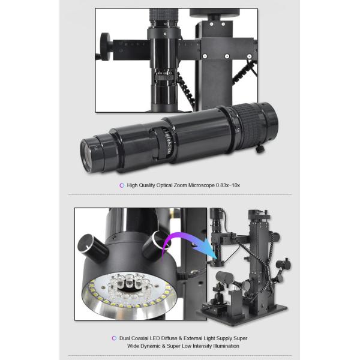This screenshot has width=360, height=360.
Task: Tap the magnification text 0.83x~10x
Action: pyautogui.click(x=228, y=185)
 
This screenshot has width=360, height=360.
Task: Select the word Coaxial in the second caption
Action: pyautogui.click(x=140, y=338)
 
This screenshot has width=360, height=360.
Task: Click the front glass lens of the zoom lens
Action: pyautogui.click(x=85, y=155)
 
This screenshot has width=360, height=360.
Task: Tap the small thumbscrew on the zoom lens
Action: pyautogui.click(x=260, y=149)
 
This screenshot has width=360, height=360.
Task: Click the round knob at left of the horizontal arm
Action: pyautogui.click(x=106, y=47)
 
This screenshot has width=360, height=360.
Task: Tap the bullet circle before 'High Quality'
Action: pyautogui.click(x=122, y=185)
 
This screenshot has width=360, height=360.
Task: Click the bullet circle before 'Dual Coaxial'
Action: pyautogui.click(x=114, y=338)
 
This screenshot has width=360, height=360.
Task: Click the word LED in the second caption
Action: pyautogui.click(x=155, y=338)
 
